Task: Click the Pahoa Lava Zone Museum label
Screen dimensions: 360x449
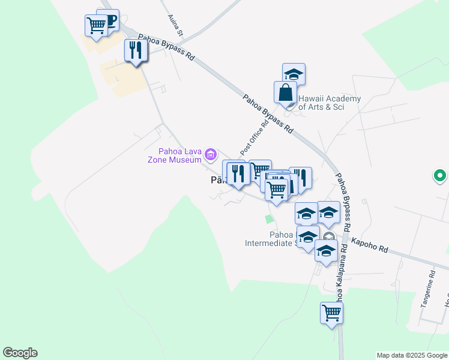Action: coord(175,155)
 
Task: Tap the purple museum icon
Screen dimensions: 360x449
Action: coord(210,155)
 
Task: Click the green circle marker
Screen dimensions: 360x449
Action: coord(440,176)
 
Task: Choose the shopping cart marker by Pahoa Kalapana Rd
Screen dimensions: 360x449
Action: coord(332,313)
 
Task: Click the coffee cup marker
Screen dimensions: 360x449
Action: coord(110,20)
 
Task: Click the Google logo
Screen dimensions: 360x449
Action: coord(20,353)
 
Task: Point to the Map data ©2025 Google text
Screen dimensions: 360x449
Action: coord(411,355)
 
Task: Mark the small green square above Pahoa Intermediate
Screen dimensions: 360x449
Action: coord(270,219)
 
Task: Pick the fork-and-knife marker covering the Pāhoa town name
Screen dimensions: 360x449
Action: coord(238,174)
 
